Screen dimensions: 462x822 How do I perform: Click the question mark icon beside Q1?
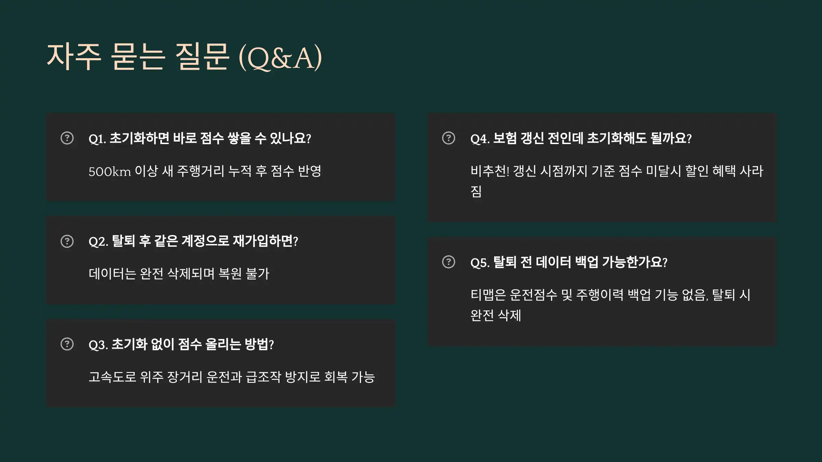(x=67, y=138)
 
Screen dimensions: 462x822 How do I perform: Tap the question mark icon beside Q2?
(x=67, y=241)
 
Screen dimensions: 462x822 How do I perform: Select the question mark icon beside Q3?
(x=67, y=344)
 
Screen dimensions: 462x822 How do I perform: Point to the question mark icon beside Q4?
(x=449, y=138)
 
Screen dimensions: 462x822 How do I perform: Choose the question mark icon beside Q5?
(x=449, y=262)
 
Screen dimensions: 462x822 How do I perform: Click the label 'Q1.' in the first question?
(x=97, y=139)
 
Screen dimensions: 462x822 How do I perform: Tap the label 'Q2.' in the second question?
(x=98, y=242)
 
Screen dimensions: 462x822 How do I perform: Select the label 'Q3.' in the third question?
(x=98, y=345)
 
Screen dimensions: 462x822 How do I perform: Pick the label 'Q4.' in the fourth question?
(x=480, y=139)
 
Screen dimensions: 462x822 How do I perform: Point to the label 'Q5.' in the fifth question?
(x=480, y=262)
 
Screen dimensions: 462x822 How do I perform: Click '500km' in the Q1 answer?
(x=110, y=171)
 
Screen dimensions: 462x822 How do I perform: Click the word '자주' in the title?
(x=74, y=57)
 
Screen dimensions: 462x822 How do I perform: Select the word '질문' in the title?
(x=202, y=57)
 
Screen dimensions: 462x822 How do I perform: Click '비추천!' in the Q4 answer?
(x=490, y=171)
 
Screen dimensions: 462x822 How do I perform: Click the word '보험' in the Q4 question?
(x=505, y=138)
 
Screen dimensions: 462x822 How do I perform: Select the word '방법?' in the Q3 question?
(x=259, y=344)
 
